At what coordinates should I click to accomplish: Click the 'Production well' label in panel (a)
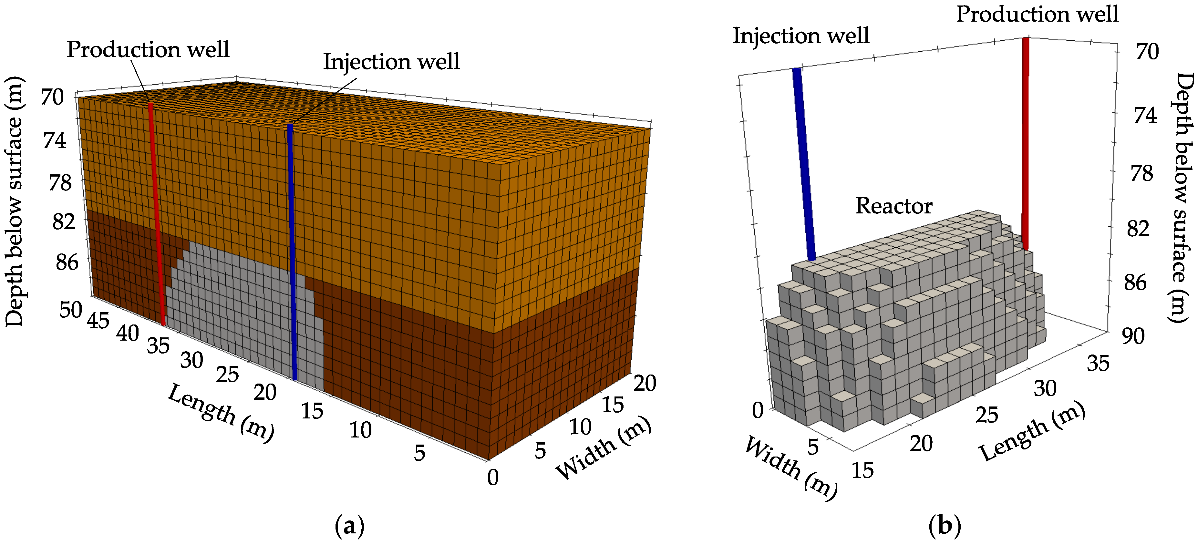pyautogui.click(x=148, y=49)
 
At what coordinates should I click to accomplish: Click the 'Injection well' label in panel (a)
pyautogui.click(x=391, y=61)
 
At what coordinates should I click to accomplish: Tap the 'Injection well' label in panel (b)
pyautogui.click(x=801, y=36)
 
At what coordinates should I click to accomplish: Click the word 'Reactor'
pyautogui.click(x=894, y=206)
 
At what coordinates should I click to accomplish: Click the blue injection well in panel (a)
pyautogui.click(x=292, y=251)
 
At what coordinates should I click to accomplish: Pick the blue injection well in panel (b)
pyautogui.click(x=804, y=163)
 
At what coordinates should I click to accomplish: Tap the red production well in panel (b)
pyautogui.click(x=1025, y=139)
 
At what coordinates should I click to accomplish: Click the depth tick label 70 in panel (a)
pyautogui.click(x=52, y=97)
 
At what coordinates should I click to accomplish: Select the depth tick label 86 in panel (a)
pyautogui.click(x=67, y=263)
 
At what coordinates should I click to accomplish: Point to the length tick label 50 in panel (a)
pyautogui.click(x=71, y=310)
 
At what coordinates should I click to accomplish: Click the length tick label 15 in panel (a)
pyautogui.click(x=312, y=411)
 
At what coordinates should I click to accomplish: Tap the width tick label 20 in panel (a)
pyautogui.click(x=645, y=384)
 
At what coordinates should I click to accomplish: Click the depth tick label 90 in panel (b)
pyautogui.click(x=1133, y=336)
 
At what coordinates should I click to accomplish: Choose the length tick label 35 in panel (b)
pyautogui.click(x=1098, y=364)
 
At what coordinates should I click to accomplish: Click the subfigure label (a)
pyautogui.click(x=349, y=526)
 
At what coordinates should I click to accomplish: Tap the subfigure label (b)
pyautogui.click(x=945, y=526)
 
